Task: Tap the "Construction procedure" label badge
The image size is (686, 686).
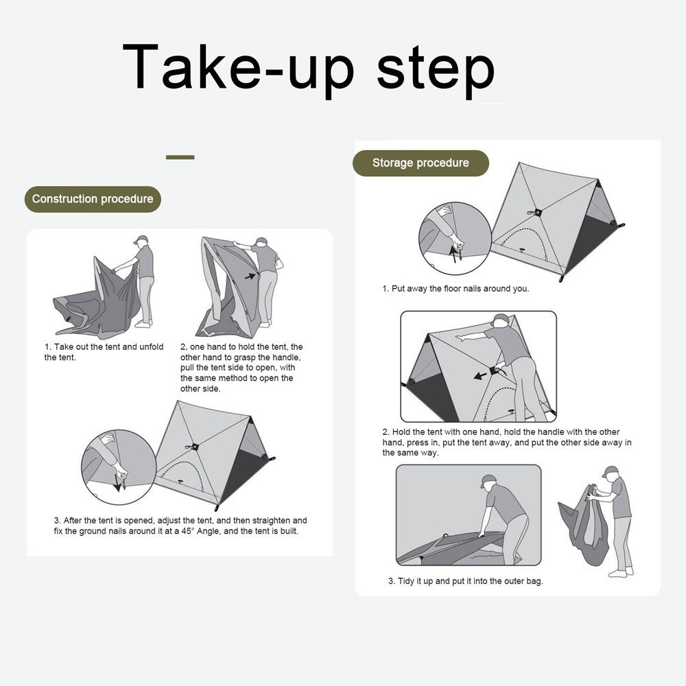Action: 93,199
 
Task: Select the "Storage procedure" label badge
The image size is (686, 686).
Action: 421,163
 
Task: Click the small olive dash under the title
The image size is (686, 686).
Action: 180,157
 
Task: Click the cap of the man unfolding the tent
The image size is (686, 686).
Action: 141,239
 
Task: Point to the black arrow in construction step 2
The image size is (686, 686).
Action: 250,276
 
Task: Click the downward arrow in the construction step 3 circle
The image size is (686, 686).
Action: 117,482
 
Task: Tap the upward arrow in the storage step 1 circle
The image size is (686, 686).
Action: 453,254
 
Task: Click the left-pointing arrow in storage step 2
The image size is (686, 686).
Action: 480,375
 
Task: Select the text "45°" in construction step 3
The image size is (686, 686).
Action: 187,531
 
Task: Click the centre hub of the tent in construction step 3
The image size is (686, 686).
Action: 195,447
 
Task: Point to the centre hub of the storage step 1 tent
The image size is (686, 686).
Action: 538,212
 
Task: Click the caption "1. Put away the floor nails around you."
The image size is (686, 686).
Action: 456,289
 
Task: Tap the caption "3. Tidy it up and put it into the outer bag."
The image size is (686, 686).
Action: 466,581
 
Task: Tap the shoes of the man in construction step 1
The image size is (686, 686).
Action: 143,323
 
